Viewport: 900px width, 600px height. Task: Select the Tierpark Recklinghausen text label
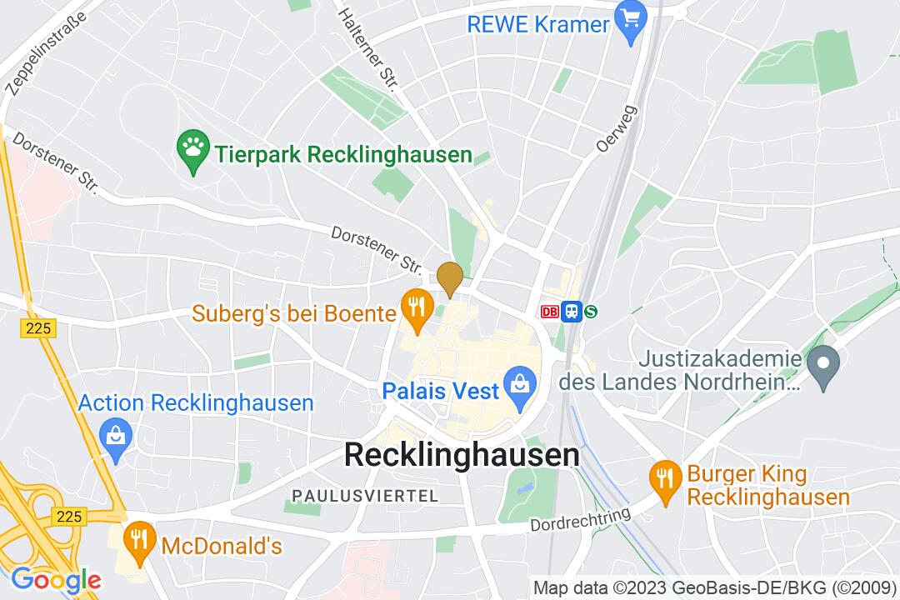(342, 155)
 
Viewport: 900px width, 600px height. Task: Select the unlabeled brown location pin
(450, 277)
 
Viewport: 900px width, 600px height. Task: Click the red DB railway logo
(549, 312)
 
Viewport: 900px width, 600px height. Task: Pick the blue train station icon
(571, 312)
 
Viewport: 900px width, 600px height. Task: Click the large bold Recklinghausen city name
(462, 455)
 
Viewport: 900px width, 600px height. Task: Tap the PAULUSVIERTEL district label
(365, 496)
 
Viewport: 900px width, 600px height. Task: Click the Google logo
(55, 579)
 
